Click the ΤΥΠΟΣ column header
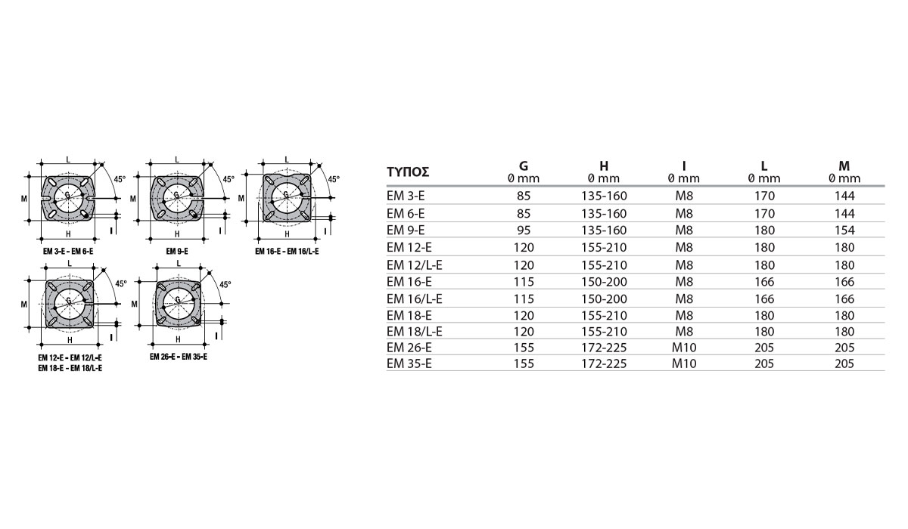pos(408,172)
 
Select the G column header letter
pos(524,166)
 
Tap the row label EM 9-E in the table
pos(406,230)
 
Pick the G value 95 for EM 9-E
pos(524,230)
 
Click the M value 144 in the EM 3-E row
pos(844,196)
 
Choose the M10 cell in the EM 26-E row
pos(684,348)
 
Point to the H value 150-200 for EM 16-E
pos(604,282)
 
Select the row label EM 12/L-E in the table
pos(415,265)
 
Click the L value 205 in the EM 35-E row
pos(764,363)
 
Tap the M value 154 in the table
pos(844,230)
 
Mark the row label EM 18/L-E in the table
pos(415,332)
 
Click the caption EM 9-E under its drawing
pos(177,252)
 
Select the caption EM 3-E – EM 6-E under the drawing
pos(68,252)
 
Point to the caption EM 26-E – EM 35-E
pos(179,357)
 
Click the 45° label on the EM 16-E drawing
pos(334,179)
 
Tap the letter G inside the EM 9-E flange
pos(176,195)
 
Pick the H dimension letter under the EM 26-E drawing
pos(178,339)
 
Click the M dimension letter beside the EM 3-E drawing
pos(24,198)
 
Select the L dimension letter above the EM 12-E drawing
pos(70,264)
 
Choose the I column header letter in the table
pos(684,166)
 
